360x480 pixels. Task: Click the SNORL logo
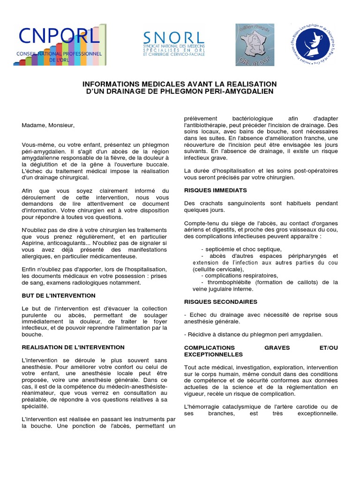[x=173, y=45]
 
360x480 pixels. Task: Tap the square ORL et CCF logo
[x=255, y=45]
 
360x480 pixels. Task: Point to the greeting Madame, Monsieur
[x=48, y=126]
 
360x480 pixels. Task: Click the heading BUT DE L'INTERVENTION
[x=59, y=296]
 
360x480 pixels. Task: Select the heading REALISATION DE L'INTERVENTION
[x=73, y=347]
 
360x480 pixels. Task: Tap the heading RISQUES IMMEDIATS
[x=215, y=191]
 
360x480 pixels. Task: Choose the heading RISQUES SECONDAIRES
[x=220, y=302]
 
